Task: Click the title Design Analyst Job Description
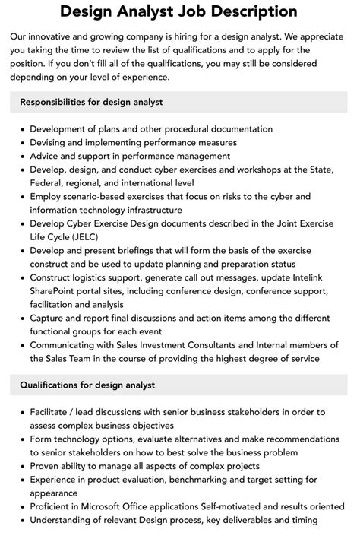(x=179, y=11)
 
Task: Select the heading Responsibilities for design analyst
(x=92, y=102)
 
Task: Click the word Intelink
(x=311, y=277)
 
